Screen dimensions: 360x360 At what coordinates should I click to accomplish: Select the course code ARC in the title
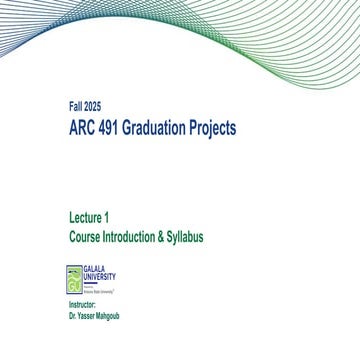(x=84, y=128)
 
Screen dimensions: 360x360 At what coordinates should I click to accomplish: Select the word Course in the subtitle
(x=84, y=237)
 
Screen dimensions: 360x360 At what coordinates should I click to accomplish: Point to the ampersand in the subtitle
(x=164, y=237)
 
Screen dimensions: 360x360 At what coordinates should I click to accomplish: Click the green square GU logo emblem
(x=74, y=277)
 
